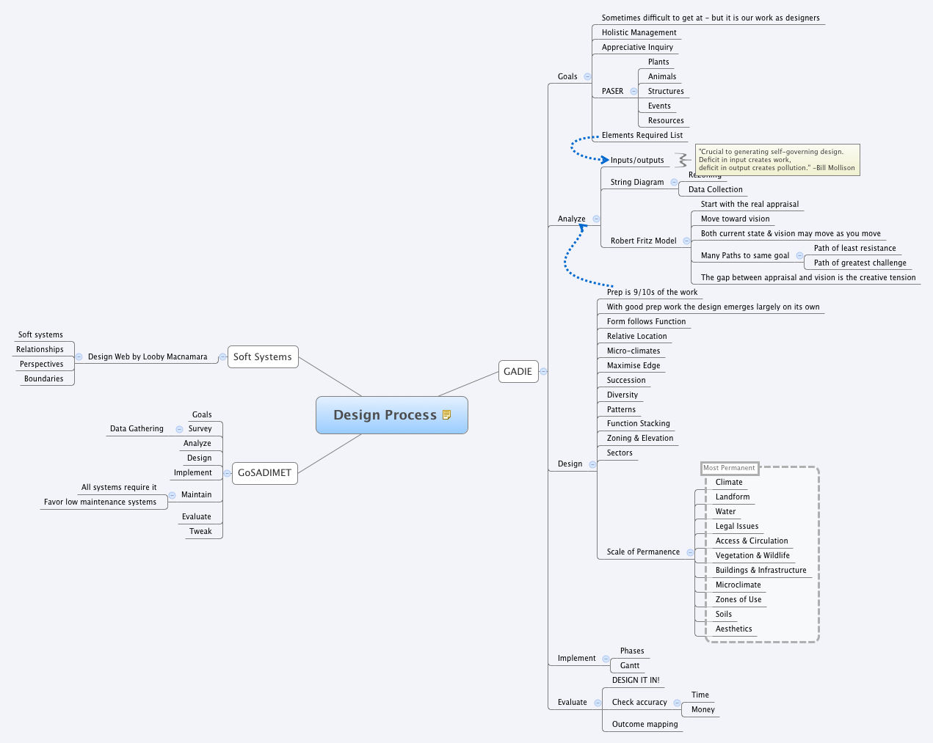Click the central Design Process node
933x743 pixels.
point(385,415)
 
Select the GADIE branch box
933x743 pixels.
point(518,371)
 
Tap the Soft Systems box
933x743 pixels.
point(262,357)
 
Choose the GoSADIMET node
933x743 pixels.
point(264,473)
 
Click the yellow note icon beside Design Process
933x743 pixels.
point(446,415)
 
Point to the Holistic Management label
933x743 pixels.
point(639,32)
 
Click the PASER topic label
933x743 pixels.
point(612,91)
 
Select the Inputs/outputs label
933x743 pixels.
point(637,160)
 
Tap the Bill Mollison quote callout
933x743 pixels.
point(777,160)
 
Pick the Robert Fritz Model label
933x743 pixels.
point(643,241)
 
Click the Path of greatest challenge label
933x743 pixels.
point(860,263)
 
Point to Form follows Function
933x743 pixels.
point(646,321)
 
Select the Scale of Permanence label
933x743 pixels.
point(643,552)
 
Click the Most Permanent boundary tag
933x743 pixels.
point(729,468)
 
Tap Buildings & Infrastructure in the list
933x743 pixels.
point(760,570)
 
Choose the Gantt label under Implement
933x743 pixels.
point(630,665)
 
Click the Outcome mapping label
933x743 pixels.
point(645,724)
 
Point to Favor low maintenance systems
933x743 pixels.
point(100,502)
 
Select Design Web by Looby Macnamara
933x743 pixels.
point(148,356)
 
